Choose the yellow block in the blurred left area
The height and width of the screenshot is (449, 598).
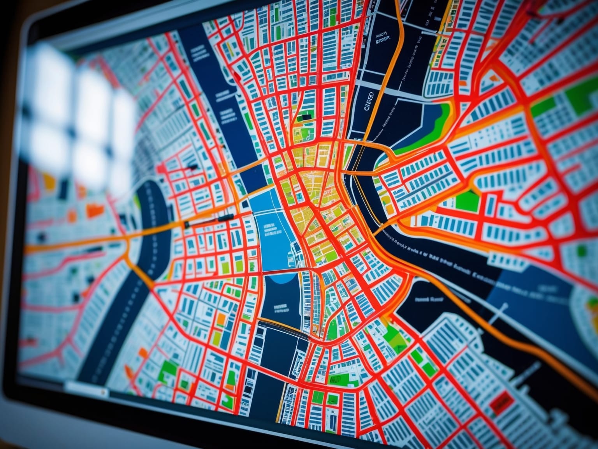click(49, 180)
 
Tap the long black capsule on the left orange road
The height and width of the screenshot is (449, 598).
click(226, 217)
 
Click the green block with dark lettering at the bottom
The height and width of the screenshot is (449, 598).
click(334, 379)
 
